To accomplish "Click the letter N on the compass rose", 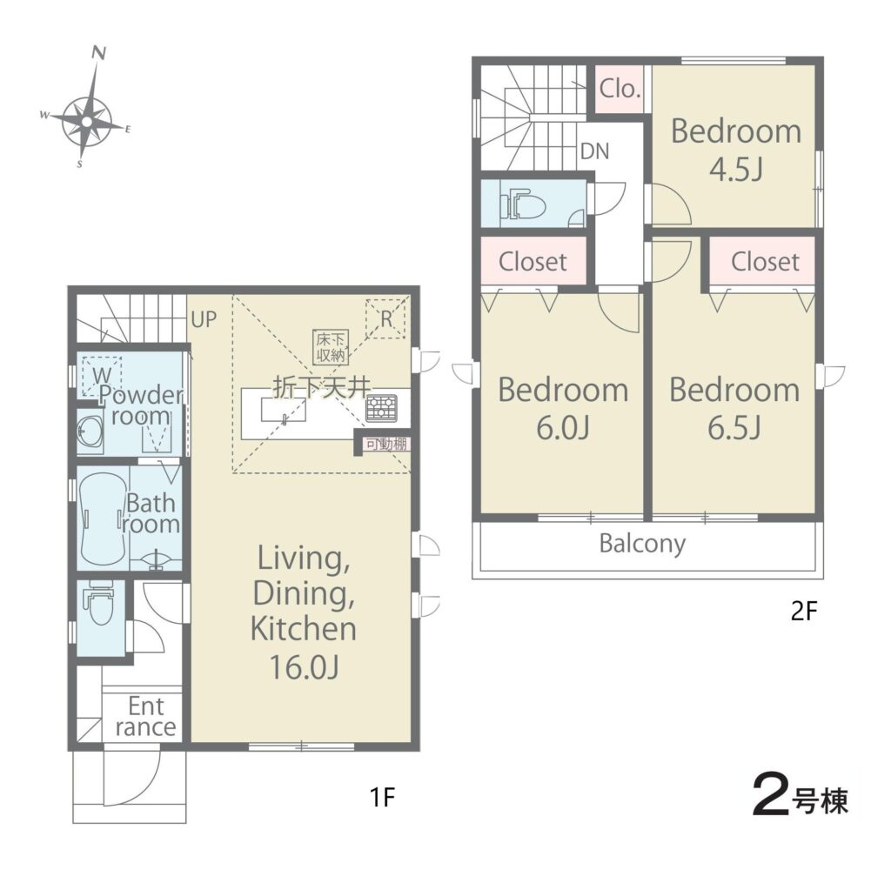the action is [x=99, y=53].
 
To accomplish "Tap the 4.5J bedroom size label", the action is [x=736, y=170].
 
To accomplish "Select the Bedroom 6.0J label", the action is [x=563, y=408].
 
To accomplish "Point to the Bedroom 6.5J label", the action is [x=734, y=408].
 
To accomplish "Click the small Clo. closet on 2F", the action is [x=620, y=89].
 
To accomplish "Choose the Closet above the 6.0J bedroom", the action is [x=533, y=261].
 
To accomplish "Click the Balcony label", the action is [x=642, y=544].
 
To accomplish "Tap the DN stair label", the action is [x=595, y=151].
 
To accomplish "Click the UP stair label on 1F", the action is [x=204, y=320].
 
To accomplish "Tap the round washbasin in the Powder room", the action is [x=90, y=433].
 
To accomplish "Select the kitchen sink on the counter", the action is [x=283, y=410].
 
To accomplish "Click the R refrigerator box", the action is [x=386, y=319].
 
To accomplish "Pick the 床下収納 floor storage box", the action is [x=330, y=347].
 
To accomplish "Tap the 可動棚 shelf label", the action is [x=386, y=444].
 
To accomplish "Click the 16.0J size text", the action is [x=304, y=667].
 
